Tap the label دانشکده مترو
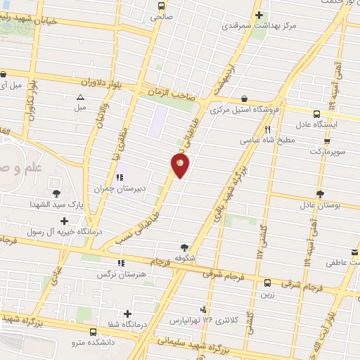click(94, 342)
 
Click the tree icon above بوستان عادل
click(321, 193)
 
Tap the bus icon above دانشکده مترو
click(94, 331)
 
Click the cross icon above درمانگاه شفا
click(128, 313)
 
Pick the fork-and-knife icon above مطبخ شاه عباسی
click(267, 129)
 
